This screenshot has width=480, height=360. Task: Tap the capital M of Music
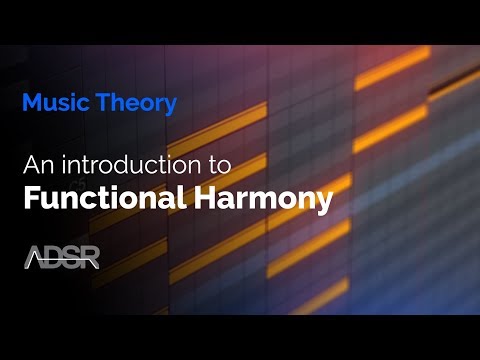(30, 102)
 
